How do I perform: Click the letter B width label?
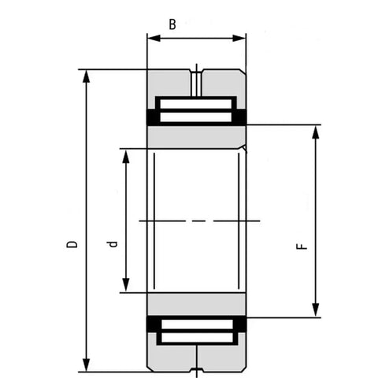click(172, 24)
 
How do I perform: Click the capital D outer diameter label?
click(72, 245)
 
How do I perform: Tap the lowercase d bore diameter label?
click(113, 245)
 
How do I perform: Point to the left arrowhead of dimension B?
click(152, 37)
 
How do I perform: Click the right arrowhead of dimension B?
click(242, 37)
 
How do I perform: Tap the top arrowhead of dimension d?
click(124, 153)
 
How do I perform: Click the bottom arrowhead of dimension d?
click(124, 287)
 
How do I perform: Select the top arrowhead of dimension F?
click(316, 130)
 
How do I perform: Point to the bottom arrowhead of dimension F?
click(316, 312)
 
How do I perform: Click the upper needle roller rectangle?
click(197, 109)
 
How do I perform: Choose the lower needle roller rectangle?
click(197, 332)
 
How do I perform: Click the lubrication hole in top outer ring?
click(197, 79)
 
